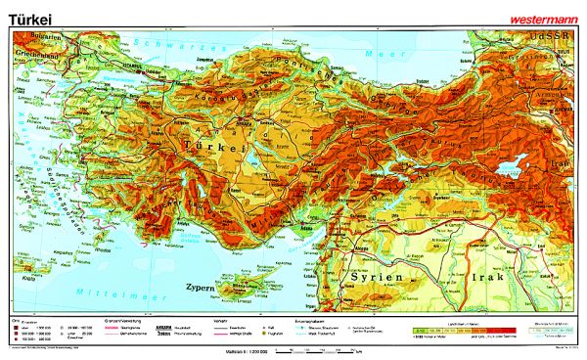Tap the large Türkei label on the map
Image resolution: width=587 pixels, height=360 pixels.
(211, 145)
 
